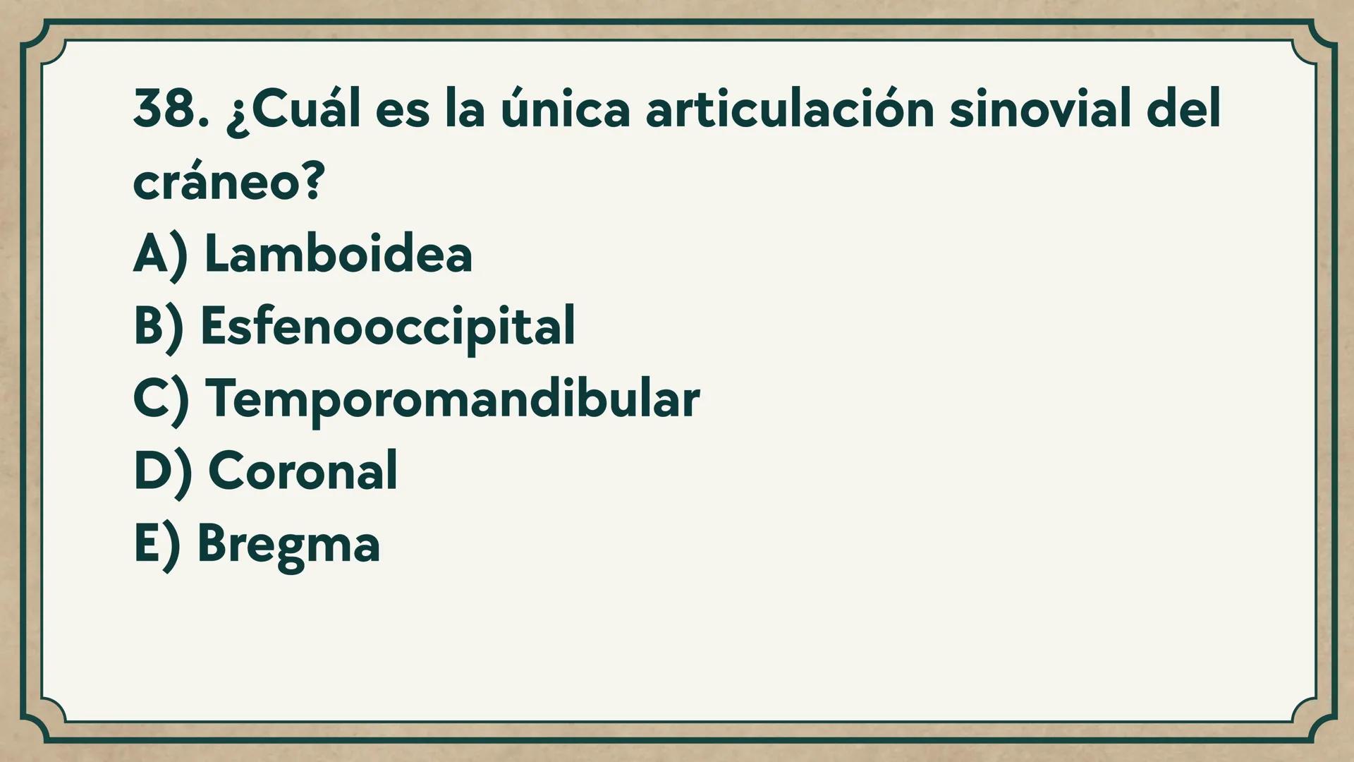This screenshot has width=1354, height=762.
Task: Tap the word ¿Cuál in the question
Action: (x=293, y=110)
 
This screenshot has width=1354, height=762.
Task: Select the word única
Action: (x=565, y=110)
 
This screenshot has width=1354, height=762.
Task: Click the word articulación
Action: (x=790, y=110)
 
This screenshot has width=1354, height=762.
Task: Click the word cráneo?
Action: (x=228, y=182)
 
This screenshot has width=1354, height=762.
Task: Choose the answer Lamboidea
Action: (x=338, y=254)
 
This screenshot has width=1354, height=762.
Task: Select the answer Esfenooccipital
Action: (x=388, y=326)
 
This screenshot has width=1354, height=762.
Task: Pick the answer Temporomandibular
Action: (x=452, y=399)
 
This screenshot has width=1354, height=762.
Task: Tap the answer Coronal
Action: (x=303, y=471)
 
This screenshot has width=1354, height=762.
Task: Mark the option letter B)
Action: (x=159, y=327)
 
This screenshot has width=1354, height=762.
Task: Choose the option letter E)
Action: (x=157, y=545)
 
